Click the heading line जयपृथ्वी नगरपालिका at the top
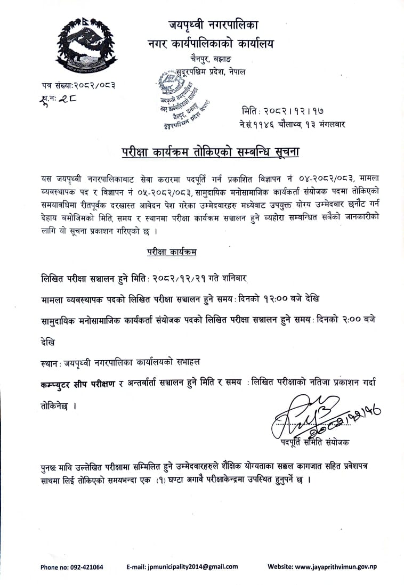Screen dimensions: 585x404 (214, 25)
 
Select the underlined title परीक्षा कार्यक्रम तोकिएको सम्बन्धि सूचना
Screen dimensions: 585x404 (211, 152)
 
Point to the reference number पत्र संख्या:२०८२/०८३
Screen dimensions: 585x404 (78, 85)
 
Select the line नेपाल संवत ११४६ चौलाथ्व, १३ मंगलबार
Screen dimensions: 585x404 (293, 125)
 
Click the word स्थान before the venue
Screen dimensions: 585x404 (50, 362)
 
